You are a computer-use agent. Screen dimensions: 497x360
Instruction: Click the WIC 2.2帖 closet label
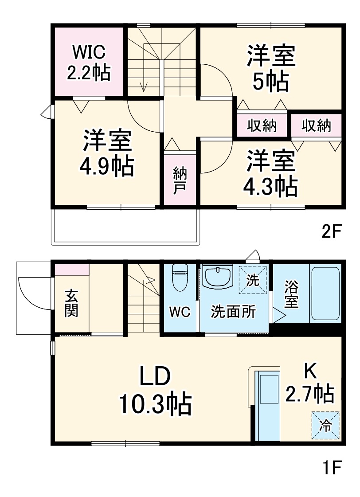(88, 62)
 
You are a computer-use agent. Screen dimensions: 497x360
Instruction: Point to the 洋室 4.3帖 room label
(271, 173)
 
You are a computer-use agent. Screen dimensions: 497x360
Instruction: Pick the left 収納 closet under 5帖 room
(262, 126)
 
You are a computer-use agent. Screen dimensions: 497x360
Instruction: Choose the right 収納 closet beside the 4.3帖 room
(317, 126)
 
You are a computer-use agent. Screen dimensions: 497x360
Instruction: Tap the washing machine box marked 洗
(253, 279)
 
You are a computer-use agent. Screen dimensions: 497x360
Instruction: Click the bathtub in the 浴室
(325, 294)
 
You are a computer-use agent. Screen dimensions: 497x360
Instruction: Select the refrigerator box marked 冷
(325, 425)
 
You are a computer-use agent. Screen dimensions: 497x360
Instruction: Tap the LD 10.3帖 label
(155, 390)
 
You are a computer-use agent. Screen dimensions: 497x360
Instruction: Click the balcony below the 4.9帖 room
(126, 226)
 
